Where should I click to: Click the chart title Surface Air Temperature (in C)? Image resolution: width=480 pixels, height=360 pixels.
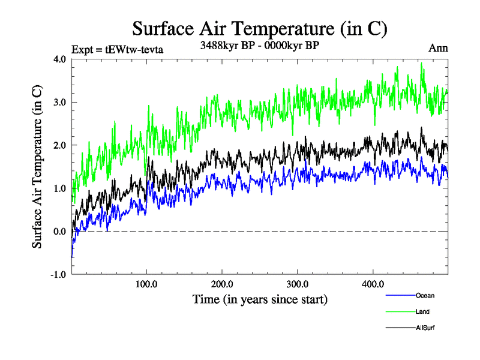(260, 29)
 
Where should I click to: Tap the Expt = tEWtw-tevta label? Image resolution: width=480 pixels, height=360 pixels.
(117, 50)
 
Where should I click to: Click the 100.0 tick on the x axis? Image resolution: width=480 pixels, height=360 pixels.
(147, 284)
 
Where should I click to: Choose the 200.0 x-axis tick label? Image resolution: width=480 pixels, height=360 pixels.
(222, 284)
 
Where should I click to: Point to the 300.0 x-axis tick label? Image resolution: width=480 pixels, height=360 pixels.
(298, 284)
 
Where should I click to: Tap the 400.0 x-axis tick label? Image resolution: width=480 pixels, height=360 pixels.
(373, 284)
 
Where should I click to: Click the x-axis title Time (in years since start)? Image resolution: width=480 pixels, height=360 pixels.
(260, 299)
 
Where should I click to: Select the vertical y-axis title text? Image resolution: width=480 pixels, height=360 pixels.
(37, 167)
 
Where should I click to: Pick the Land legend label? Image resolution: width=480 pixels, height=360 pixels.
(422, 311)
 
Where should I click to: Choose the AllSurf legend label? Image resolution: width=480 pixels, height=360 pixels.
(425, 328)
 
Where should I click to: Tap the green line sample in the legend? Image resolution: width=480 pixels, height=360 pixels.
(400, 311)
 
